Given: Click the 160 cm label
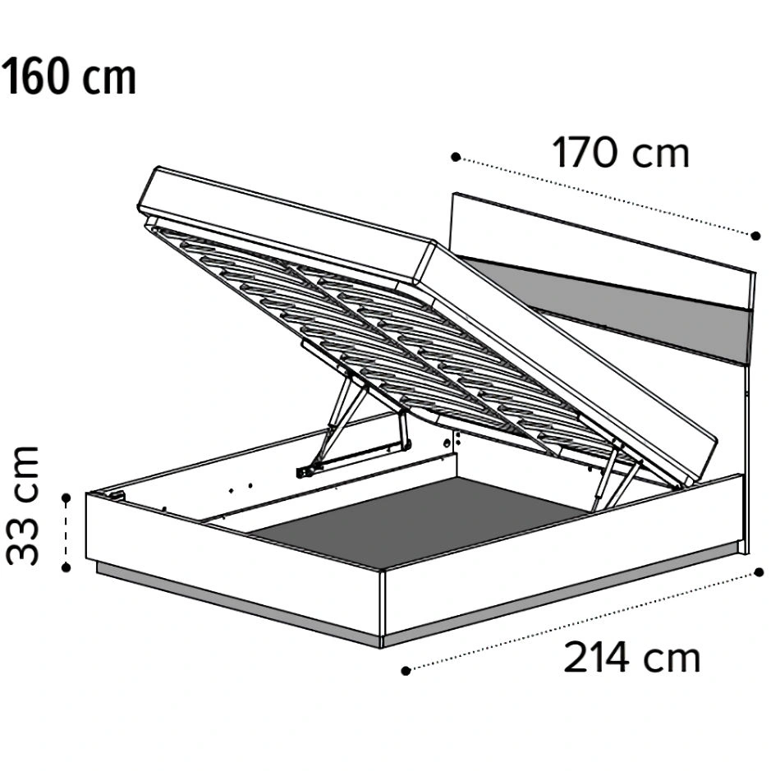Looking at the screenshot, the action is pyautogui.click(x=69, y=76).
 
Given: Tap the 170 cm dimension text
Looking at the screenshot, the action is pyautogui.click(x=621, y=153).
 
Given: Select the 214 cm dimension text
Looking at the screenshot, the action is pyautogui.click(x=632, y=658).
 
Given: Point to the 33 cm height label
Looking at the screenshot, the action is pyautogui.click(x=23, y=505).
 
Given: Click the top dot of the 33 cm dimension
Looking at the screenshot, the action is pyautogui.click(x=66, y=498).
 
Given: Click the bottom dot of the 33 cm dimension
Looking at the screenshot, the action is pyautogui.click(x=66, y=567).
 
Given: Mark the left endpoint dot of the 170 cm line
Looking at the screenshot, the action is pyautogui.click(x=456, y=157).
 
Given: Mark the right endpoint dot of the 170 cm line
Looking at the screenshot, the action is pyautogui.click(x=755, y=236).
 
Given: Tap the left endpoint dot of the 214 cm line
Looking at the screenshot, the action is pyautogui.click(x=406, y=671).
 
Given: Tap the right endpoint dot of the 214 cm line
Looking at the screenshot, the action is pyautogui.click(x=760, y=572).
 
